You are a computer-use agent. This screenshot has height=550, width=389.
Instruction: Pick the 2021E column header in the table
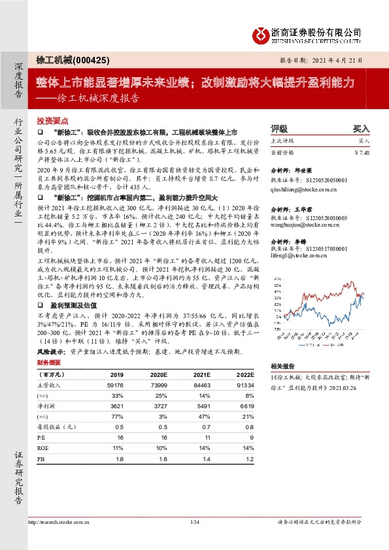click(x=199, y=374)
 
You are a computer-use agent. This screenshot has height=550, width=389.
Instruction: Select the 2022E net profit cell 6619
click(x=246, y=406)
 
